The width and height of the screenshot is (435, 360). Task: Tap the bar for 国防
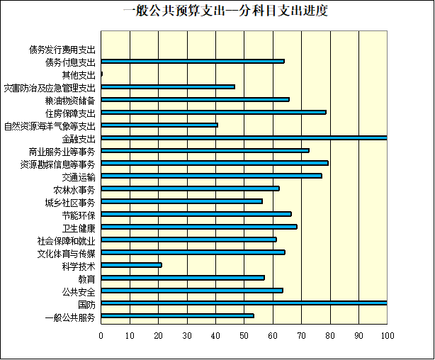tap(244, 303)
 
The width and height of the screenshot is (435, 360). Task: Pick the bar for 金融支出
tap(244, 137)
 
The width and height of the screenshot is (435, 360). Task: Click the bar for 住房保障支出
tap(213, 112)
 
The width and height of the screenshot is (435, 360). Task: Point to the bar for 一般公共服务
tap(177, 316)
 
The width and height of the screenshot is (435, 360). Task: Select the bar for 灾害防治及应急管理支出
tap(168, 86)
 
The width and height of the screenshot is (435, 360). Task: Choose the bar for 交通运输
tap(211, 176)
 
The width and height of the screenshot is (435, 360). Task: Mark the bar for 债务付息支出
tap(193, 61)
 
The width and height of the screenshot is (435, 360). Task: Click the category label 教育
tap(86, 279)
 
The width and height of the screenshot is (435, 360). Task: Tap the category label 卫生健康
tap(79, 227)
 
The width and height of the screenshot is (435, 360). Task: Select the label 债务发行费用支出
tap(62, 50)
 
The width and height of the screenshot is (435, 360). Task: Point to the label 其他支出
tap(78, 75)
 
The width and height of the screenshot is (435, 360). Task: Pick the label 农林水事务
tap(74, 189)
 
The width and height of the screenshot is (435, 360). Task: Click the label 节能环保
tap(78, 215)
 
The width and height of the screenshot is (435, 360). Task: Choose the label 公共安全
tap(78, 291)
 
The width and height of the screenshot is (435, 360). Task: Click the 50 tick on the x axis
tap(244, 334)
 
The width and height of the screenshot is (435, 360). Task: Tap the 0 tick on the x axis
tap(101, 334)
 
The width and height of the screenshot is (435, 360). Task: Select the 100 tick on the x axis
tap(386, 334)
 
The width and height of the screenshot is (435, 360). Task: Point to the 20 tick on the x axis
tap(158, 334)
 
